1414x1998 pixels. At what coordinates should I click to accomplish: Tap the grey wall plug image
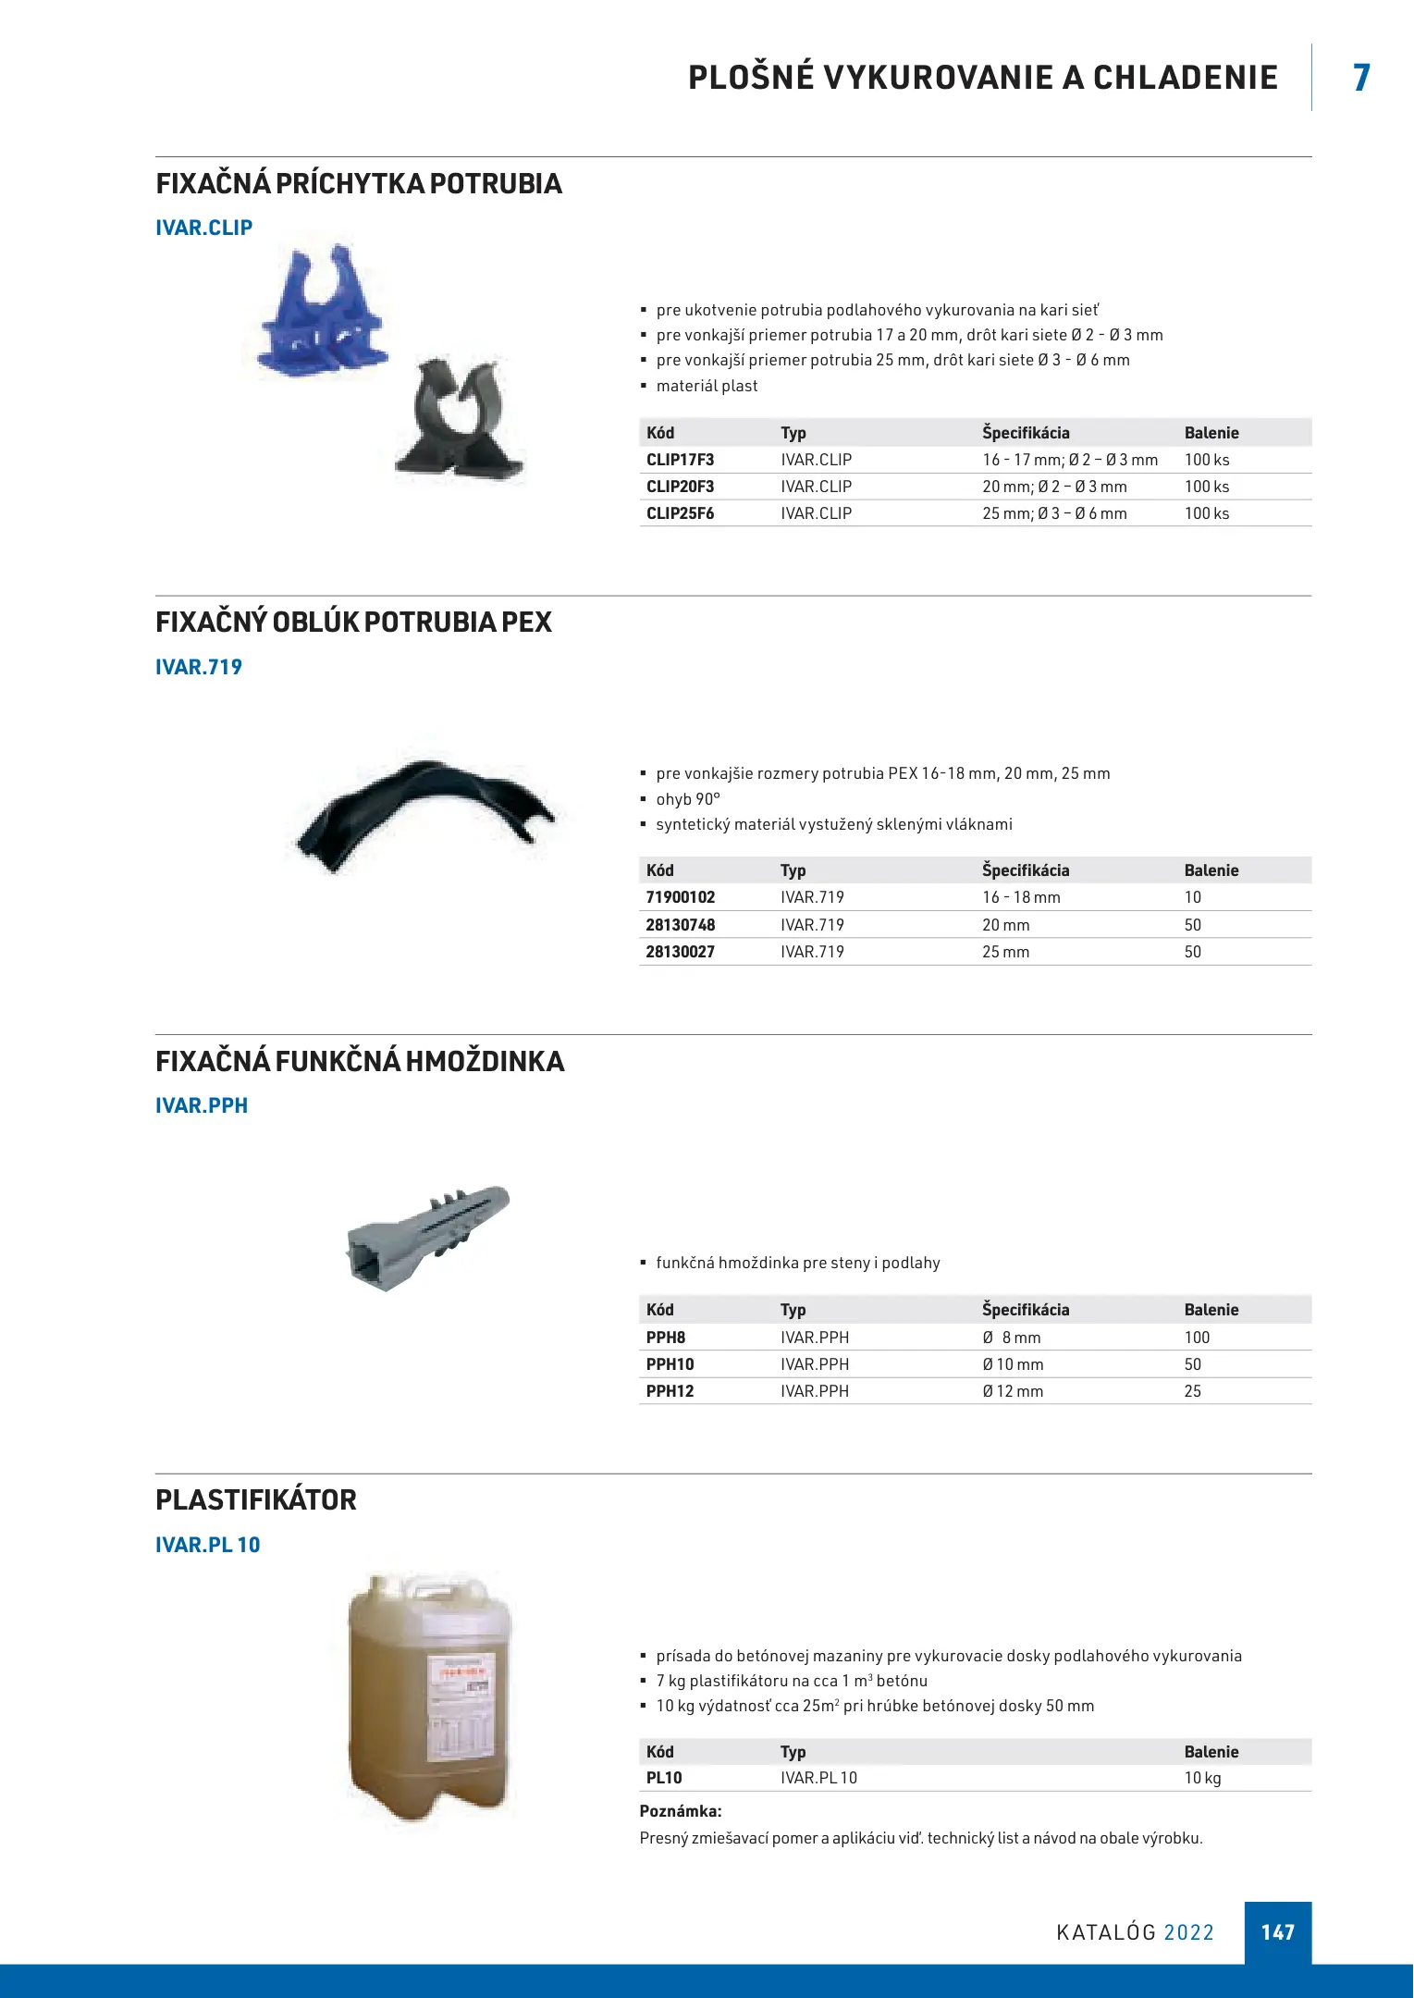tap(427, 1236)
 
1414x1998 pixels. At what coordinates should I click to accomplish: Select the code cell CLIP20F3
tap(681, 487)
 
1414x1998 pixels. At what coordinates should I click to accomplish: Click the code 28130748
tap(681, 925)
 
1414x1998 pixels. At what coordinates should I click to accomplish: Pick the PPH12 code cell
tap(670, 1391)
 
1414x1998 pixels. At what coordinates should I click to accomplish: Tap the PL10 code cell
tap(664, 1778)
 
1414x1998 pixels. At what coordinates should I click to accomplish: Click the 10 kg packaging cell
tap(1202, 1778)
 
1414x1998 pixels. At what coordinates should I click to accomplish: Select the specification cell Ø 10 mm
tap(1013, 1364)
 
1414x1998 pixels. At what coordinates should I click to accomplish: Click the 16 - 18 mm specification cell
tap(1021, 897)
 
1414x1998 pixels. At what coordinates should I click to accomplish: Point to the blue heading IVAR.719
tap(199, 667)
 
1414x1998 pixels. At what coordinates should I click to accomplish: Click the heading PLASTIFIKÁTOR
tap(256, 1499)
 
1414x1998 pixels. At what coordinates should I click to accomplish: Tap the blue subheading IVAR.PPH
tap(202, 1105)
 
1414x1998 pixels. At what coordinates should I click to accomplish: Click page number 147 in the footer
tap(1277, 1932)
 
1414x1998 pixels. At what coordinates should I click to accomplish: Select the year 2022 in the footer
tap(1188, 1932)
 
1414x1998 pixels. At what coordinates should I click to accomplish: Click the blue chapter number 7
tap(1361, 78)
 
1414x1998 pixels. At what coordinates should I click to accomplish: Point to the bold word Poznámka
tap(681, 1811)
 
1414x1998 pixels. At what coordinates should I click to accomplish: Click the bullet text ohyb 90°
tap(688, 799)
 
